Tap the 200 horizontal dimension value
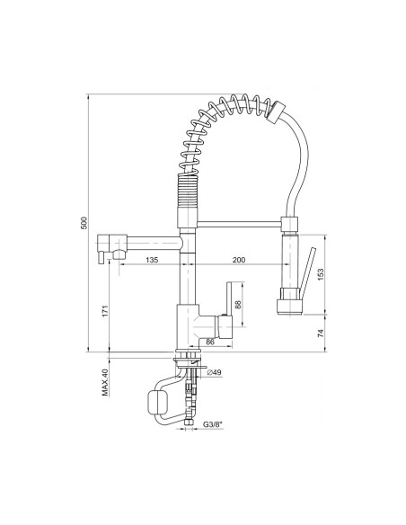coord(237,259)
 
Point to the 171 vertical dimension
coord(105,311)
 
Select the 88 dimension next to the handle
coord(238,304)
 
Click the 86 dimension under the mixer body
coord(210,342)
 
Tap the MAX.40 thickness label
coord(105,381)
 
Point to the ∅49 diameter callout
coord(214,372)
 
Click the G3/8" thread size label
coord(212,423)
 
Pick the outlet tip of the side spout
coord(104,257)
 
